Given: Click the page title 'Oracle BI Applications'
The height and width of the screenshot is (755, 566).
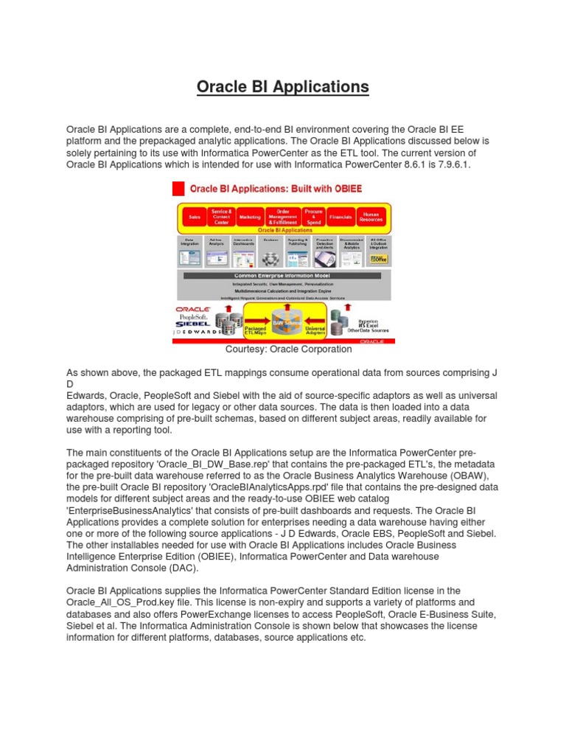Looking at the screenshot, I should pos(282,87).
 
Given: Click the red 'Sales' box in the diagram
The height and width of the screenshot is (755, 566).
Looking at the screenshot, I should pos(195,217).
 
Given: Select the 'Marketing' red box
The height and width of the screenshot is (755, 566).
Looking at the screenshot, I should pos(250,217).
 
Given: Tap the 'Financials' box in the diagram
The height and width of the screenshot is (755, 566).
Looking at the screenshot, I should pos(340,217).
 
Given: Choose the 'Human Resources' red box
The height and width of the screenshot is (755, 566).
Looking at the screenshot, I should pos(370,217).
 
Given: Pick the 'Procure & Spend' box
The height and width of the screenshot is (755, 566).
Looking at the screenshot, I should pos(313,217).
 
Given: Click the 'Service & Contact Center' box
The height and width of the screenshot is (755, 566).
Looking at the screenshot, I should pos(222,217).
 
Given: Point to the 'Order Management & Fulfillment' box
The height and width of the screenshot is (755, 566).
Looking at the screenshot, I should pos(282,217).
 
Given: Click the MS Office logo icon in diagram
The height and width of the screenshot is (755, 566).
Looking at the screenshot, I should pos(378,259).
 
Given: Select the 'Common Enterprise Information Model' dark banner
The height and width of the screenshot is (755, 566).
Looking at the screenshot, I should pos(284,276).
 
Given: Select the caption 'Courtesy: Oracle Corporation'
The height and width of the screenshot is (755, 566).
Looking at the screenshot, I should pos(282,349).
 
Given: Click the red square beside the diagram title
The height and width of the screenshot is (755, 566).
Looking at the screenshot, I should pos(178,189).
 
